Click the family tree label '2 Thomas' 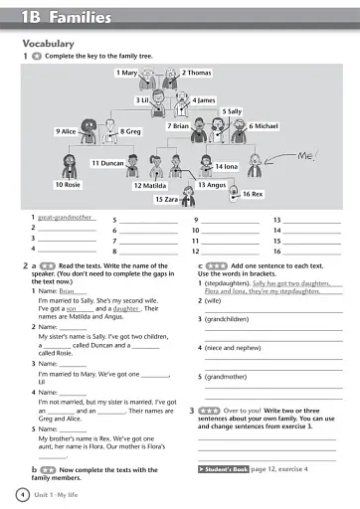coord(196,73)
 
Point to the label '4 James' coord(203,100)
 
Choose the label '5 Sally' coord(231,111)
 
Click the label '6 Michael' coord(265,126)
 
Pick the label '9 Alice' coord(66,131)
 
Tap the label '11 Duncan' coord(107,163)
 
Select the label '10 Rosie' coord(68,185)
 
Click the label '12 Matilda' coord(149,185)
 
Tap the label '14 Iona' coord(226,166)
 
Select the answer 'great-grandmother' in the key coord(66,217)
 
